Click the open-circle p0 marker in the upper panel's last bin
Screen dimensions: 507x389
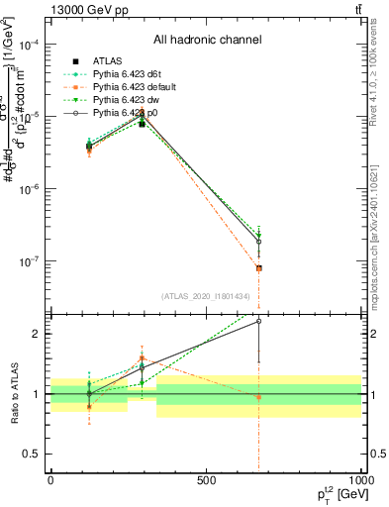click(258, 242)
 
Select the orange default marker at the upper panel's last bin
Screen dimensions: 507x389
click(258, 268)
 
